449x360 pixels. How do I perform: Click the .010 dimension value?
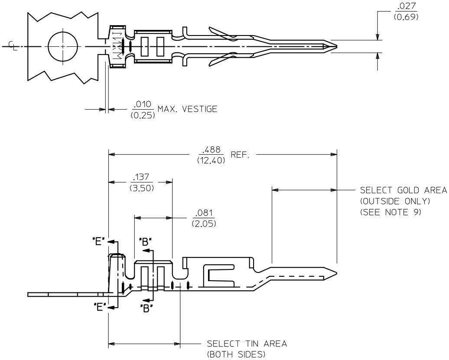142,104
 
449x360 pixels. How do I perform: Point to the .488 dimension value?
210,150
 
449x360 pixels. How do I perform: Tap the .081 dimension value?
204,213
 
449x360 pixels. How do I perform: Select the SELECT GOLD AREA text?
403,191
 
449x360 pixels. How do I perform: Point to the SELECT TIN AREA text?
247,344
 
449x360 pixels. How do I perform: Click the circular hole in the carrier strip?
62,46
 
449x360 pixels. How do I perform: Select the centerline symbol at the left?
13,45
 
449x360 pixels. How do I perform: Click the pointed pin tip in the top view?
333,46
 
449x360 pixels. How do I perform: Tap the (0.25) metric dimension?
142,114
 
